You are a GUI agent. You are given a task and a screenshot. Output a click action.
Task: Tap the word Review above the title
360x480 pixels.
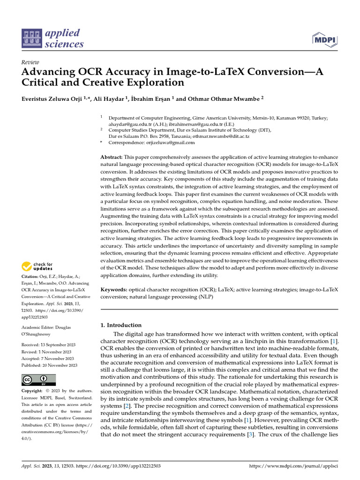pyautogui.click(x=30, y=62)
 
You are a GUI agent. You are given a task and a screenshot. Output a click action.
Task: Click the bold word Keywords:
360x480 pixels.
pyautogui.click(x=114, y=290)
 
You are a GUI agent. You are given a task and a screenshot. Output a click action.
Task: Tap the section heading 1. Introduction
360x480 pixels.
pyautogui.click(x=121, y=325)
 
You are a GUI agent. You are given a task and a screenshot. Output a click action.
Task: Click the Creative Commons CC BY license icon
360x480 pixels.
pyautogui.click(x=39, y=380)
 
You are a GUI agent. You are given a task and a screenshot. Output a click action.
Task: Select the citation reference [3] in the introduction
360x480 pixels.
pyautogui.click(x=250, y=434)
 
